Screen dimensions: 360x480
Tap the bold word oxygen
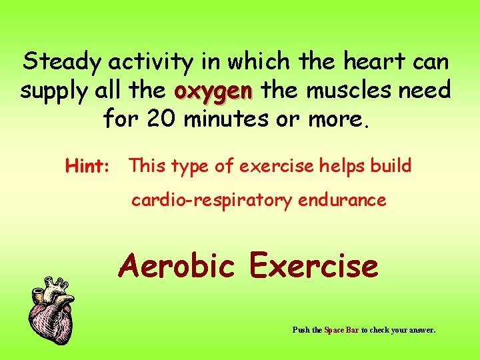(213, 90)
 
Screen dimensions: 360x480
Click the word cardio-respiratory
(210, 200)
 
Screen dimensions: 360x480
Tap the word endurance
(341, 200)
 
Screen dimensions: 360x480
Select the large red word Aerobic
(177, 266)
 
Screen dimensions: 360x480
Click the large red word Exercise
(313, 266)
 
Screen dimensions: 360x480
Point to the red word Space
(334, 329)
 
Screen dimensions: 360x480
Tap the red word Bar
(353, 329)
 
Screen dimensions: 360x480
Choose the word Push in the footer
(301, 329)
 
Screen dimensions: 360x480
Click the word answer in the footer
(422, 329)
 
